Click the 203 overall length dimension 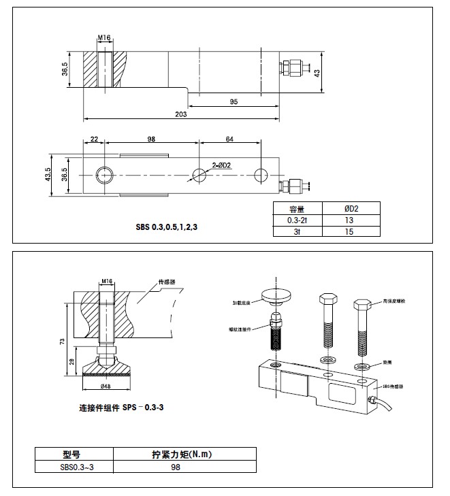click(181, 114)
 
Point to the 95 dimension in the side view click(234, 101)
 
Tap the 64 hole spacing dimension click(229, 139)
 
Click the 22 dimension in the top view click(94, 139)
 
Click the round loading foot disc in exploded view click(278, 295)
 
